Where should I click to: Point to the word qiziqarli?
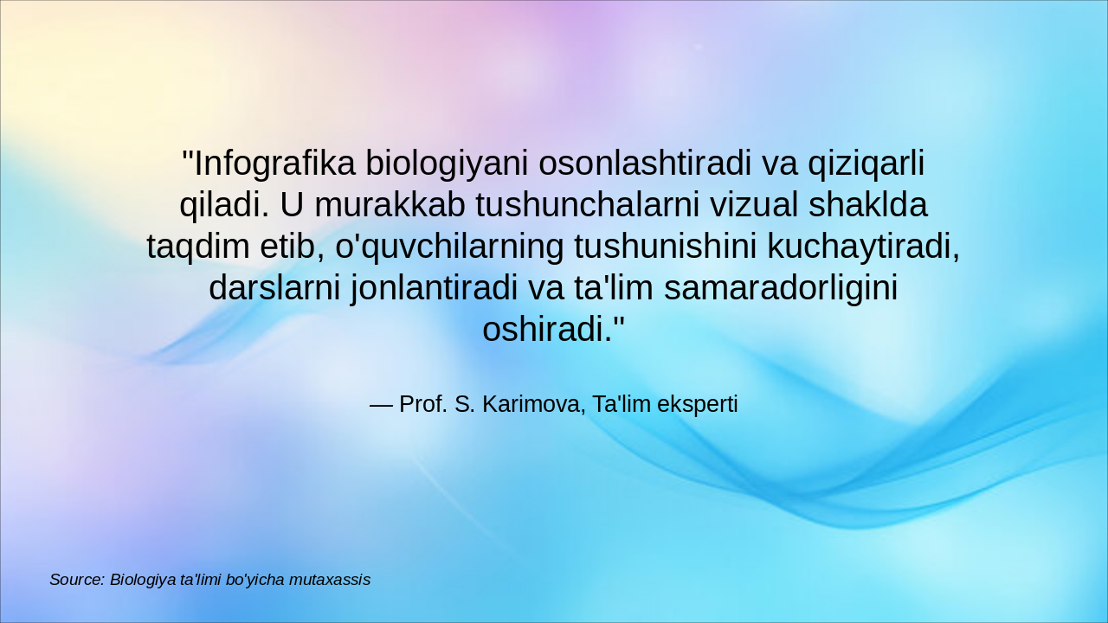click(866, 163)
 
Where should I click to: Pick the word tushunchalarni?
click(587, 205)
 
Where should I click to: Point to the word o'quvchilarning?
click(448, 247)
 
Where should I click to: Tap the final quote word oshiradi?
click(546, 330)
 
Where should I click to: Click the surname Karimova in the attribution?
click(530, 404)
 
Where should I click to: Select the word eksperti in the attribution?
click(698, 404)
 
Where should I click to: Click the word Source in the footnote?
click(76, 580)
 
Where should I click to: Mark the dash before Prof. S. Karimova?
click(381, 404)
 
